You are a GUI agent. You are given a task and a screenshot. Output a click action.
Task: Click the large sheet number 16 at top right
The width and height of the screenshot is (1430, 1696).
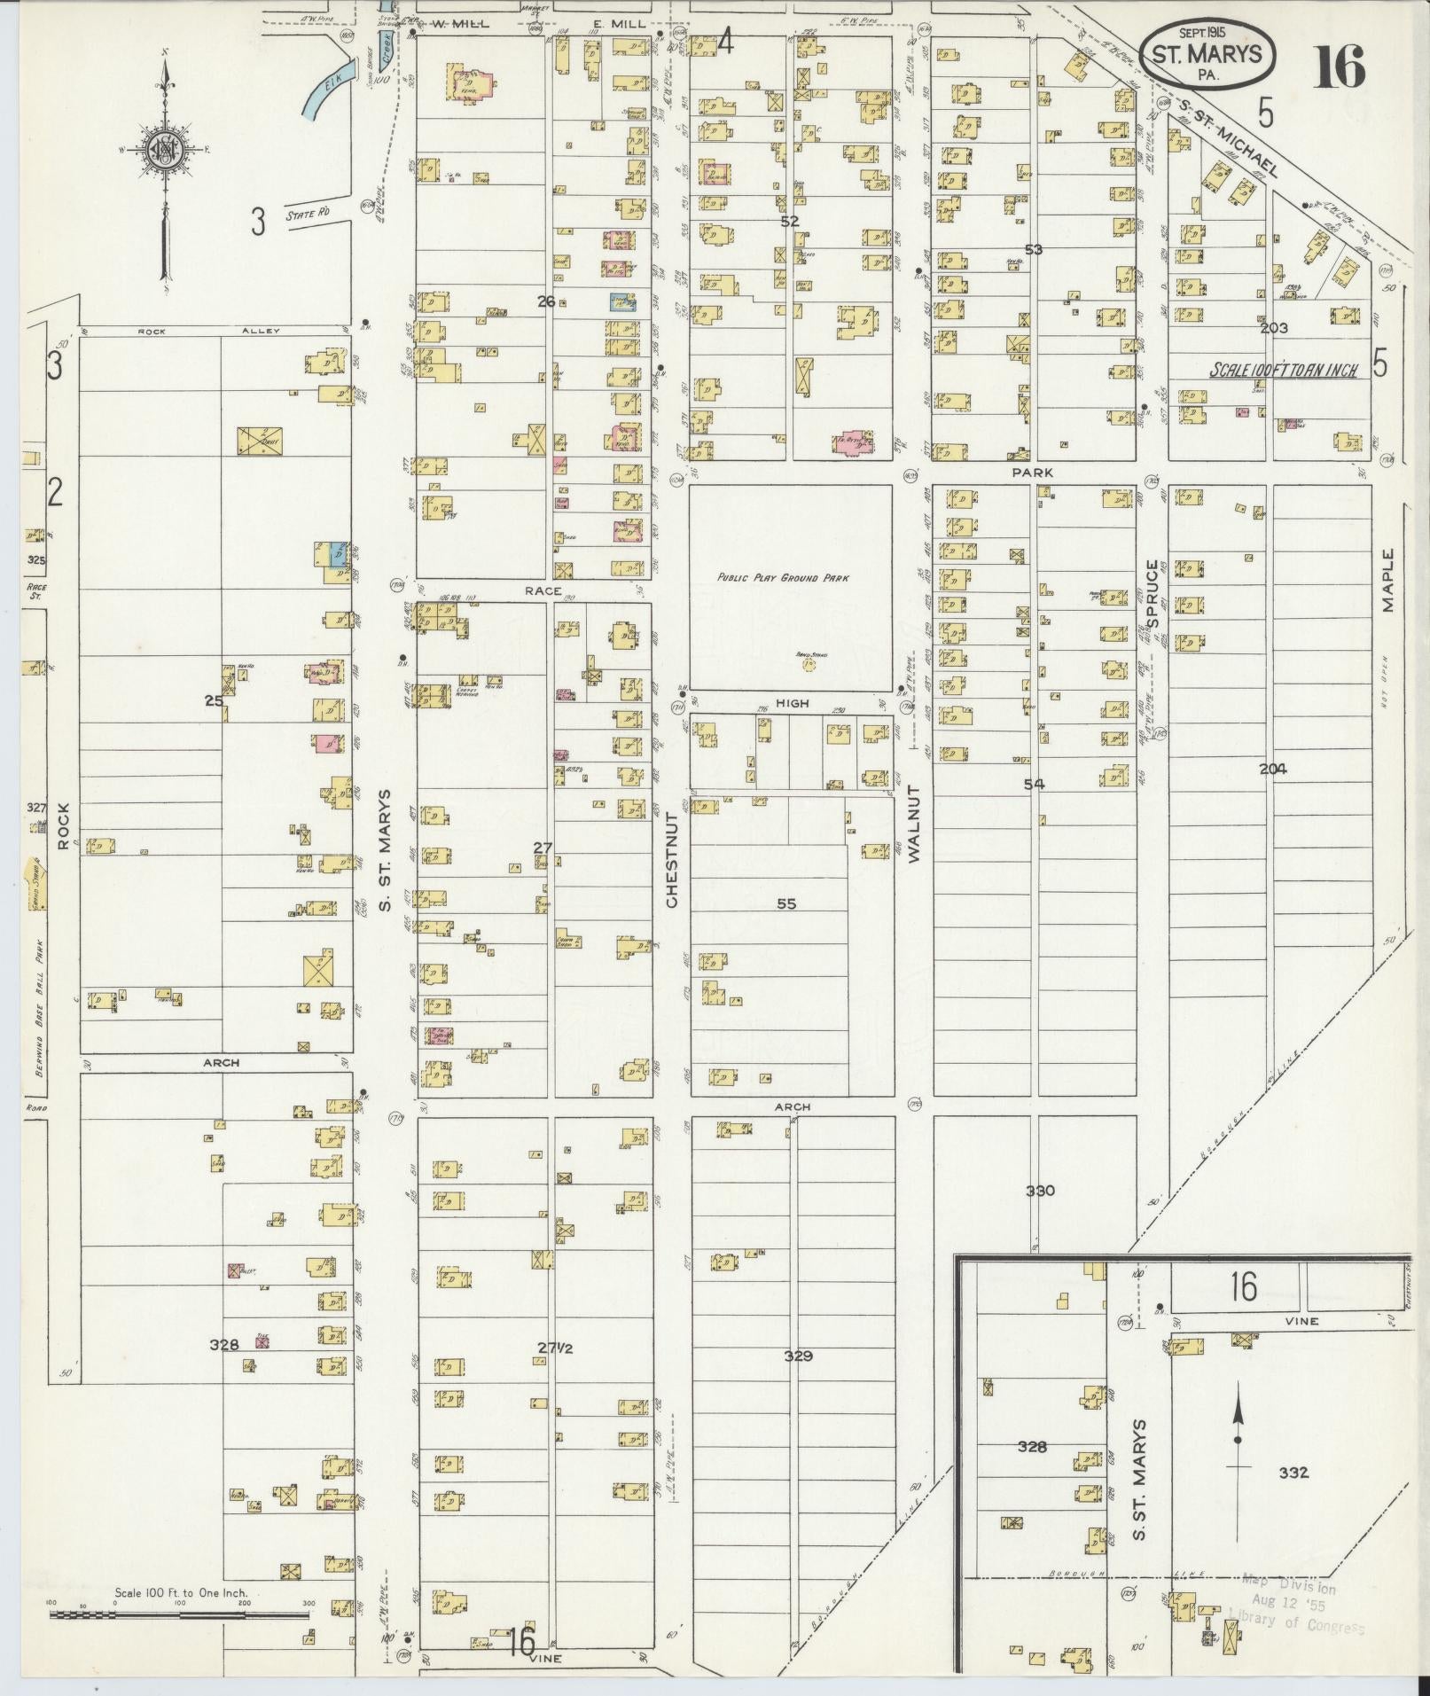click(x=1339, y=66)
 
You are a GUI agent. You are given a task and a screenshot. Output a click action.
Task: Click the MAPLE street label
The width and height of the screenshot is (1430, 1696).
click(x=1387, y=580)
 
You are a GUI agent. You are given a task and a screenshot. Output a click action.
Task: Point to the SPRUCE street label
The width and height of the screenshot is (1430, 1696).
click(x=1153, y=592)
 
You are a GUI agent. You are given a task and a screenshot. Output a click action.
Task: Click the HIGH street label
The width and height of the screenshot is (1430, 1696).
click(x=793, y=703)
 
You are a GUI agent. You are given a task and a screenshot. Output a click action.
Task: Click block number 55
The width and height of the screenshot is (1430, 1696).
click(x=786, y=904)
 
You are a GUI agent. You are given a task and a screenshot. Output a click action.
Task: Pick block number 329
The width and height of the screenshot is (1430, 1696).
click(x=798, y=1356)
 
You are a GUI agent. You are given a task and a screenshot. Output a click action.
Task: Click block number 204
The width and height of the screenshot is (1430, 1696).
click(x=1272, y=769)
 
